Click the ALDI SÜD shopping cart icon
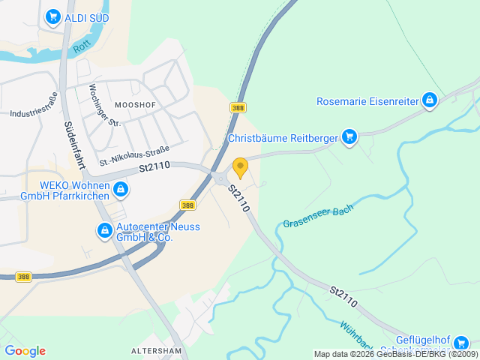coord(52,16)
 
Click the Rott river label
coord(82,48)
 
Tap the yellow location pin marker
coord(240,167)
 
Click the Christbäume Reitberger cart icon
coord(349,136)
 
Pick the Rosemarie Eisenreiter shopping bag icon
coord(430,100)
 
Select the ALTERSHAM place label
coord(157,350)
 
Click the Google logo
coord(25,351)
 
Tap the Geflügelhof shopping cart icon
coord(461,343)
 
